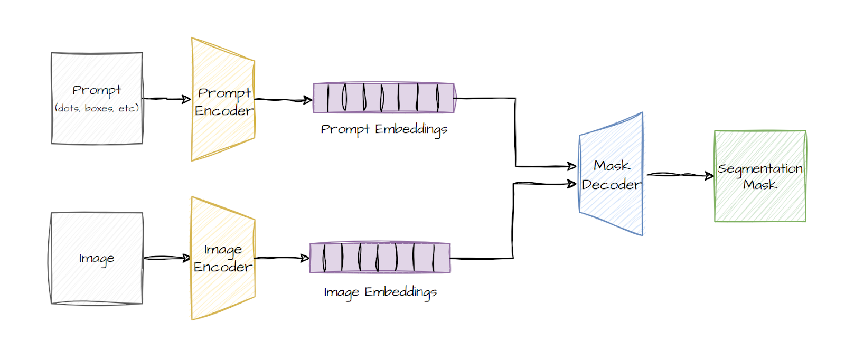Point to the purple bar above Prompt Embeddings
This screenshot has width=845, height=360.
[x=383, y=98]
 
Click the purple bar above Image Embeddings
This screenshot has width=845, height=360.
[x=380, y=258]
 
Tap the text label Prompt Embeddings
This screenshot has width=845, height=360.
[x=384, y=129]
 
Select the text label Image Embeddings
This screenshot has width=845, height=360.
[x=380, y=292]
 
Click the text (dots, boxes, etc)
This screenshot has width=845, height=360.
[x=97, y=108]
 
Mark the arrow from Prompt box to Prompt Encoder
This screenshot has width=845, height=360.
[x=166, y=99]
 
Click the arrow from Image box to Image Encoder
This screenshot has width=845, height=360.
[x=166, y=258]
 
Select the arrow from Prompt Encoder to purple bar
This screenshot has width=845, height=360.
[x=284, y=99]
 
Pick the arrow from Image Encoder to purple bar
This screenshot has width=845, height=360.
[x=281, y=258]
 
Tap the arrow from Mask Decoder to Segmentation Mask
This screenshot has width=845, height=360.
[x=680, y=175]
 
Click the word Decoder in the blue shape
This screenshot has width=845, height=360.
[x=611, y=185]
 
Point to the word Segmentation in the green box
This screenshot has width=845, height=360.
[x=760, y=169]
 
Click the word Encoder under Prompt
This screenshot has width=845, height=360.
[x=224, y=111]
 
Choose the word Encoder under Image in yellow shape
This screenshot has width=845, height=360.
[x=223, y=267]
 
